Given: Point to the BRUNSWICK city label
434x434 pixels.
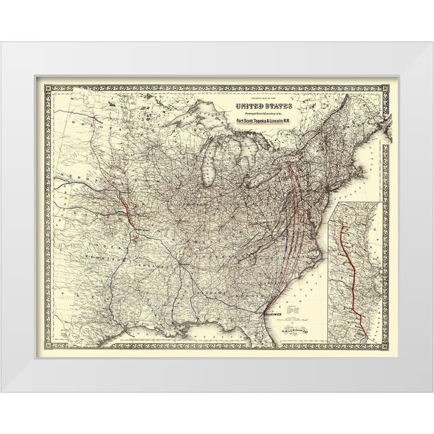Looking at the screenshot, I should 272,316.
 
